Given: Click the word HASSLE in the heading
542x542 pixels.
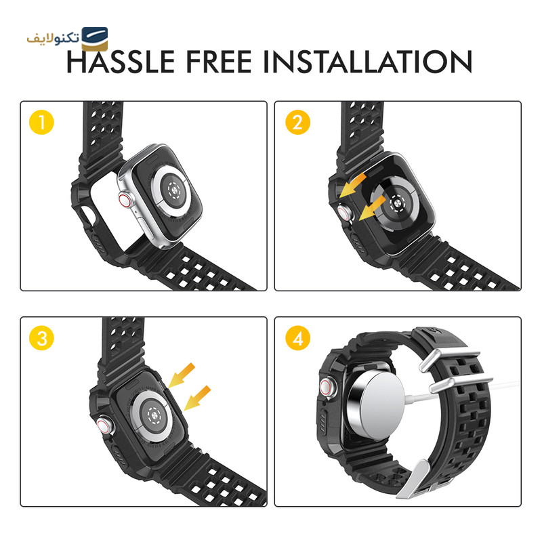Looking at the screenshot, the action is (x=121, y=62).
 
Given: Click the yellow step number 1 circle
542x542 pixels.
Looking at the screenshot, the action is (x=41, y=123).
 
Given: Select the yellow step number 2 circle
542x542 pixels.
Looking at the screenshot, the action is (x=297, y=123).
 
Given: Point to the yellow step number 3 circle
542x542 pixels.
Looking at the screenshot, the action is (x=41, y=338).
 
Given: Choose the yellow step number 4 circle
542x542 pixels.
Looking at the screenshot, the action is (x=297, y=338).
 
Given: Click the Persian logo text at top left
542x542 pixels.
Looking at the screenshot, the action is (x=54, y=37).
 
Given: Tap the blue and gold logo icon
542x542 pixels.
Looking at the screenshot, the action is (x=95, y=39).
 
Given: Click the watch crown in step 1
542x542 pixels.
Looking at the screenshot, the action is (x=125, y=200).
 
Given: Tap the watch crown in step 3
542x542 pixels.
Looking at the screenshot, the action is (x=104, y=425).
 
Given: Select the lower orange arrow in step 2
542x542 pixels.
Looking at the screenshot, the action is (x=372, y=208).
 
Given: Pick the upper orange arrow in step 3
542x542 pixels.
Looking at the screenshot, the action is (x=182, y=375).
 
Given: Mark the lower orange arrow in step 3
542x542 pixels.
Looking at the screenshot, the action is (x=197, y=398).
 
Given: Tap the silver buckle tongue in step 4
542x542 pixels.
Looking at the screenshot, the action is (x=414, y=479).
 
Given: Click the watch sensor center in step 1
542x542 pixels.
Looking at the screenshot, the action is (x=174, y=190).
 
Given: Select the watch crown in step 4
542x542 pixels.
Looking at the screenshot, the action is (x=327, y=386).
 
